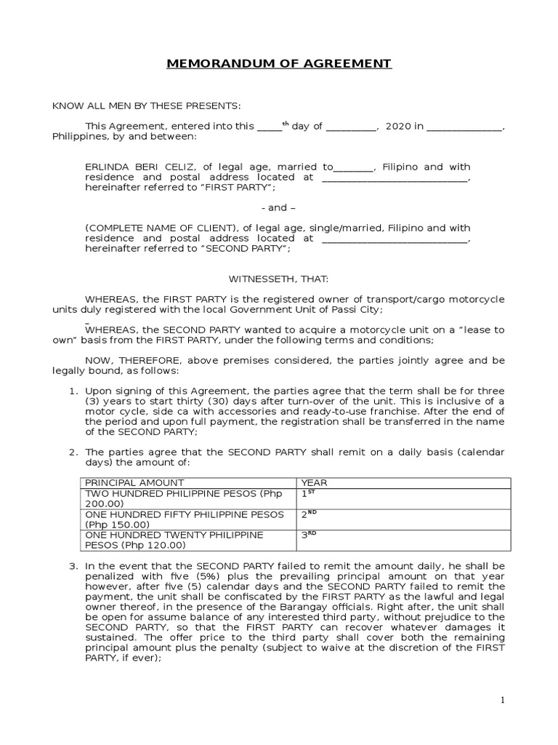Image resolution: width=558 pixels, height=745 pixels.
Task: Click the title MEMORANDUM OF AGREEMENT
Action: click(279, 64)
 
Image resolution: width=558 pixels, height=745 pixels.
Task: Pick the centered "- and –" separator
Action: click(278, 207)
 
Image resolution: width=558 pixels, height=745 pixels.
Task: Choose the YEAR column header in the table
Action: click(314, 483)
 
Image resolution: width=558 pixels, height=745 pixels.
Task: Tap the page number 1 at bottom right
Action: click(501, 700)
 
